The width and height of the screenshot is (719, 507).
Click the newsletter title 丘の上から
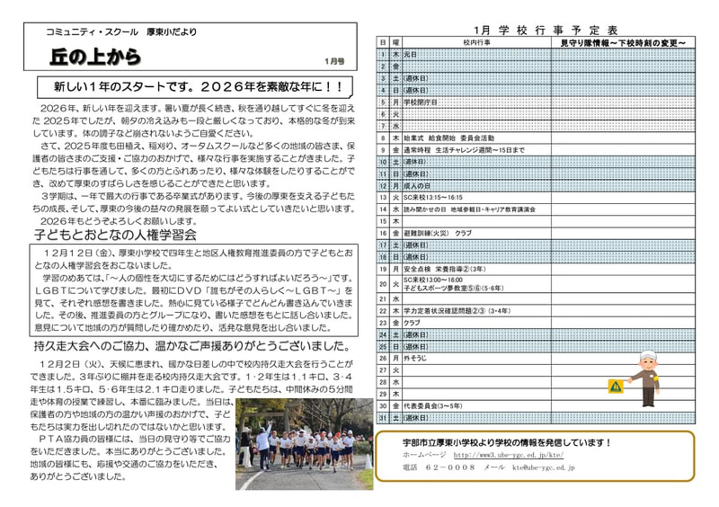(x=96, y=58)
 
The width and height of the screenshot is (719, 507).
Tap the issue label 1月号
(x=334, y=61)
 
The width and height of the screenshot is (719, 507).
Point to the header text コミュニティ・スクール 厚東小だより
(x=121, y=32)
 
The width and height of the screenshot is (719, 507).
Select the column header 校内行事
(x=476, y=42)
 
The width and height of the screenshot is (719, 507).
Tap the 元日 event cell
(x=411, y=54)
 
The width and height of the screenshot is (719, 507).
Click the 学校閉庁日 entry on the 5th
(x=421, y=102)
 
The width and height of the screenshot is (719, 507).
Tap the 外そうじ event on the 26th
(x=415, y=358)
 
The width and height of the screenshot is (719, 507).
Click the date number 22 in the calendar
(x=382, y=310)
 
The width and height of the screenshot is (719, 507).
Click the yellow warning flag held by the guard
(x=615, y=387)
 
